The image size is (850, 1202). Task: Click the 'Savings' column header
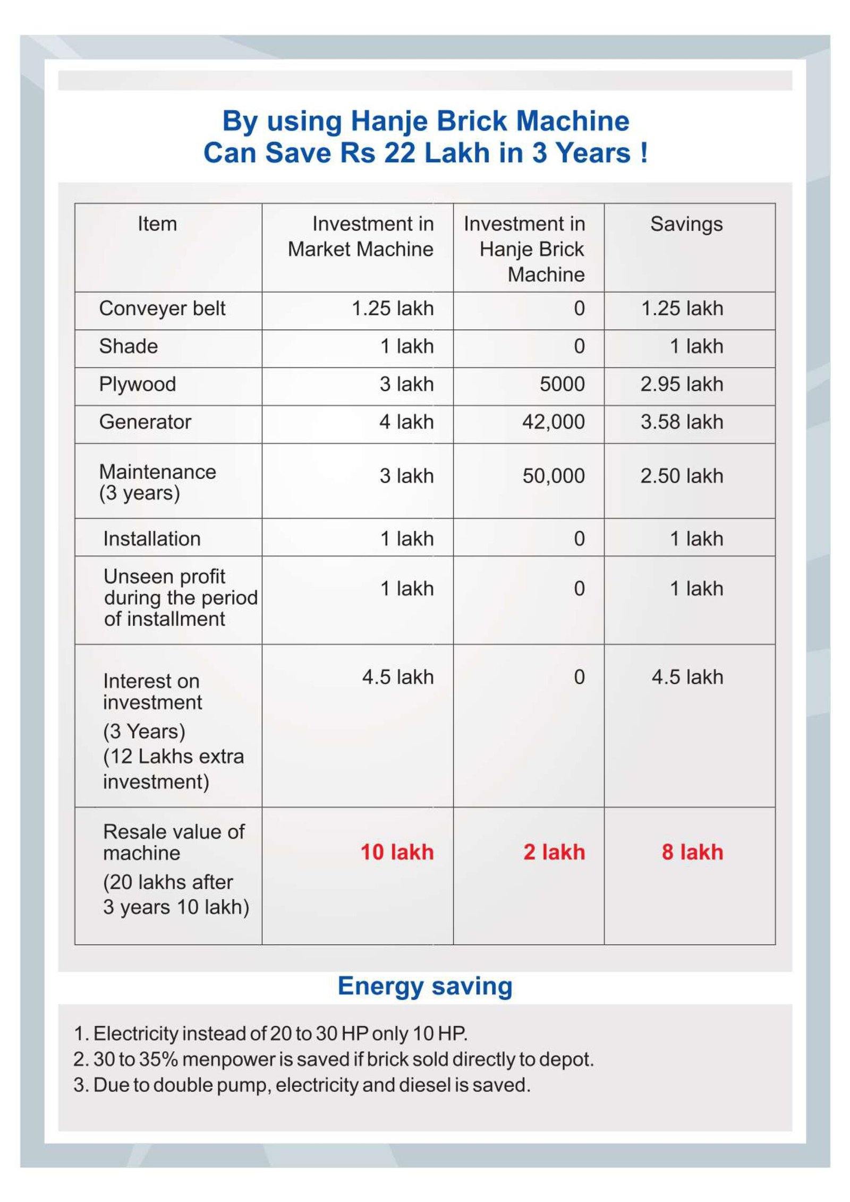(686, 224)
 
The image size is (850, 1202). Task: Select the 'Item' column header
(157, 224)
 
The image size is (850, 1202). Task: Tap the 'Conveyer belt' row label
(162, 308)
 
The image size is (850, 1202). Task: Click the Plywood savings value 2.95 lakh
(682, 384)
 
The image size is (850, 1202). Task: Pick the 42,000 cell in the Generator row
(553, 422)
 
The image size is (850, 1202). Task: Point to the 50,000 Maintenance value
(553, 476)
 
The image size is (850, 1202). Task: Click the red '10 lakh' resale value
(397, 852)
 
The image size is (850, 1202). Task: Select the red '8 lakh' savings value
(692, 852)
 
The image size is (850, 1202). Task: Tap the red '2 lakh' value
(554, 852)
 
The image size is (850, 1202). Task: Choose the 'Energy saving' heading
(425, 986)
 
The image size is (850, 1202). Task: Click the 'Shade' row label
(129, 347)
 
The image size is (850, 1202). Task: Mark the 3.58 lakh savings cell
(682, 422)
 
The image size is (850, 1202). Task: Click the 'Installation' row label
(152, 539)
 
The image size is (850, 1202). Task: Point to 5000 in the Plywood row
(562, 384)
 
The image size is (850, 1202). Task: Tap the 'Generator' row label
(145, 422)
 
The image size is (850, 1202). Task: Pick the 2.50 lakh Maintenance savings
(682, 476)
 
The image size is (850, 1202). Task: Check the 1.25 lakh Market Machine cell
(393, 308)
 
